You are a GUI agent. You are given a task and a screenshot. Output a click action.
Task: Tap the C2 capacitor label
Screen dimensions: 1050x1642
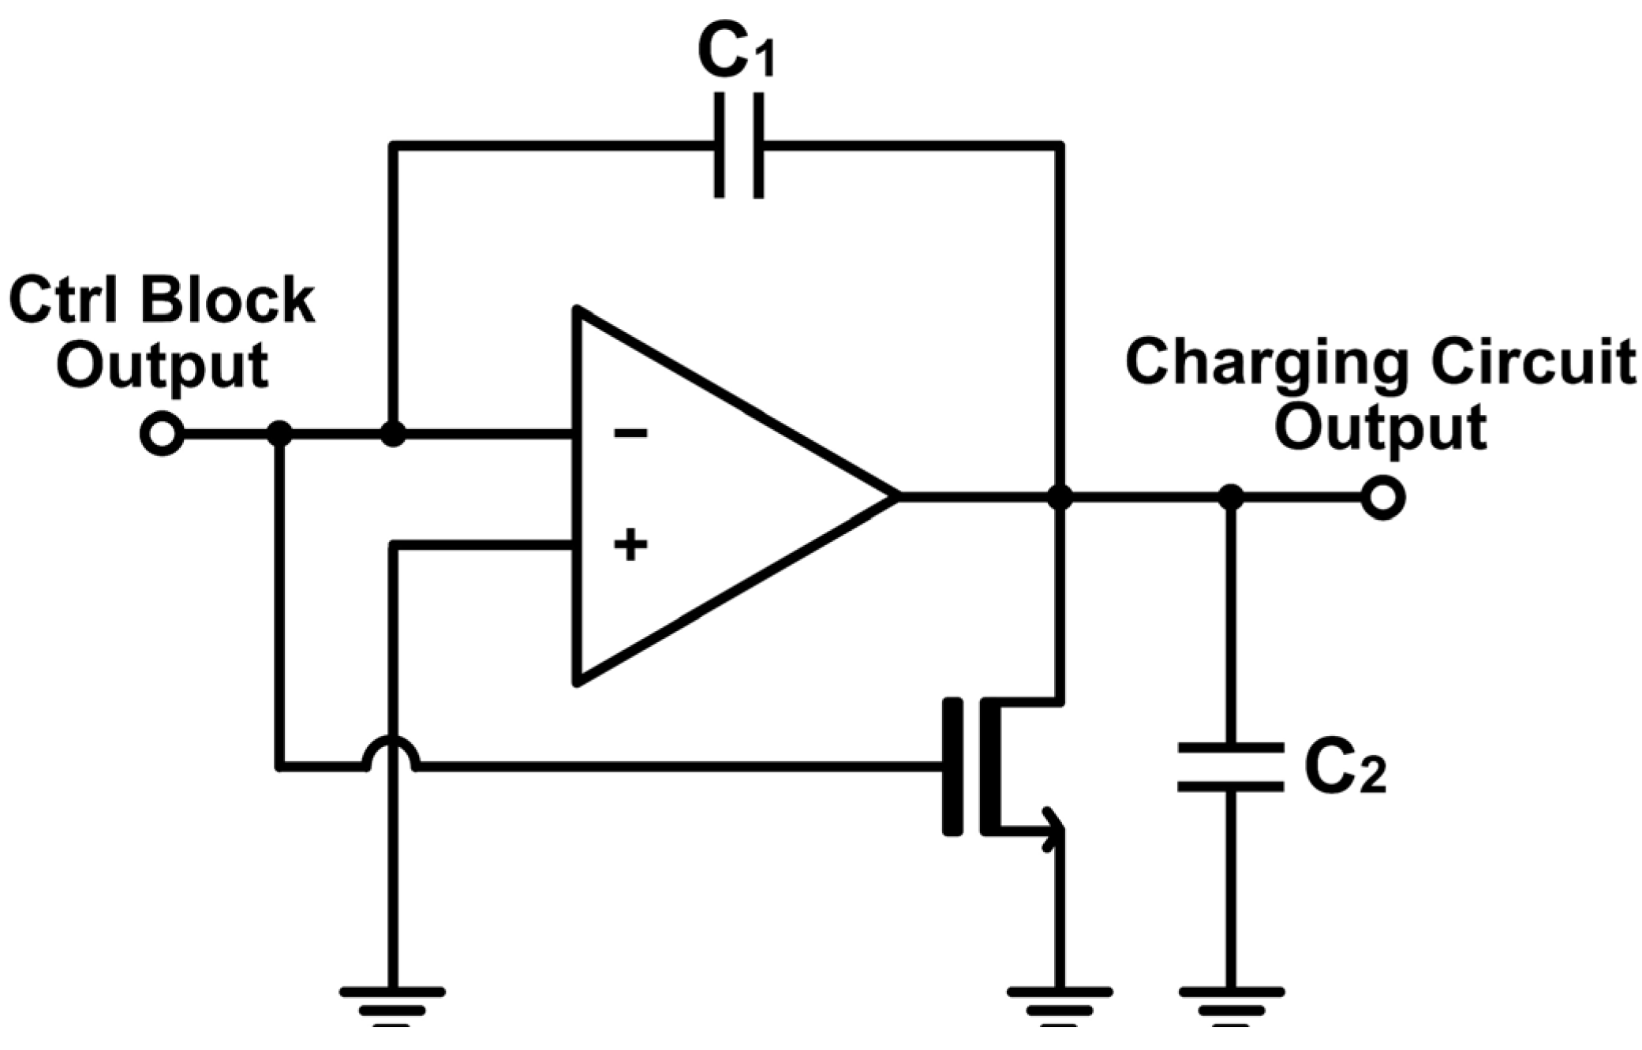click(1344, 767)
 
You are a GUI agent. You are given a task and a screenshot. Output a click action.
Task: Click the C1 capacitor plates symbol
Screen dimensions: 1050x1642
click(739, 146)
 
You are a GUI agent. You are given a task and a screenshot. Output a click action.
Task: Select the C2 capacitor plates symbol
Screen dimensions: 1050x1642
click(1229, 766)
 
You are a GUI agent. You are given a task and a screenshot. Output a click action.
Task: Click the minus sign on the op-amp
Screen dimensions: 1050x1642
click(630, 433)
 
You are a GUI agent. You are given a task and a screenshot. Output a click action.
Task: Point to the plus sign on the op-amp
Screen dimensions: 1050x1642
click(630, 545)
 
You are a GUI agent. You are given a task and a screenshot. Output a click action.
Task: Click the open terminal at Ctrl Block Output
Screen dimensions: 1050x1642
click(162, 433)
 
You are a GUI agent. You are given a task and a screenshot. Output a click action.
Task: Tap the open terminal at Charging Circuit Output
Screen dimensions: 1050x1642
click(1382, 497)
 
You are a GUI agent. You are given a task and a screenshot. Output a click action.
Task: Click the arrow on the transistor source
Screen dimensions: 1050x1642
click(1050, 829)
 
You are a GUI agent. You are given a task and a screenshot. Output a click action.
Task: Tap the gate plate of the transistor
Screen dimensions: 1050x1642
click(952, 765)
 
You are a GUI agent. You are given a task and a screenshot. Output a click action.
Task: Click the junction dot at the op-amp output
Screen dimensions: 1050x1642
click(1060, 497)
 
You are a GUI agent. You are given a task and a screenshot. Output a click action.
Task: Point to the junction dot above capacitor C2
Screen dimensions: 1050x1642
click(1230, 497)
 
